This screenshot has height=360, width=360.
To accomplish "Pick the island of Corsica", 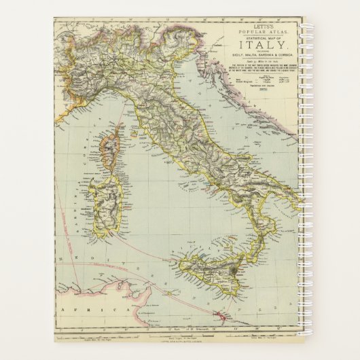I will [x=109, y=154].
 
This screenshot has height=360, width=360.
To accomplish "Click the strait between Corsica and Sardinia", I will [x=109, y=175].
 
